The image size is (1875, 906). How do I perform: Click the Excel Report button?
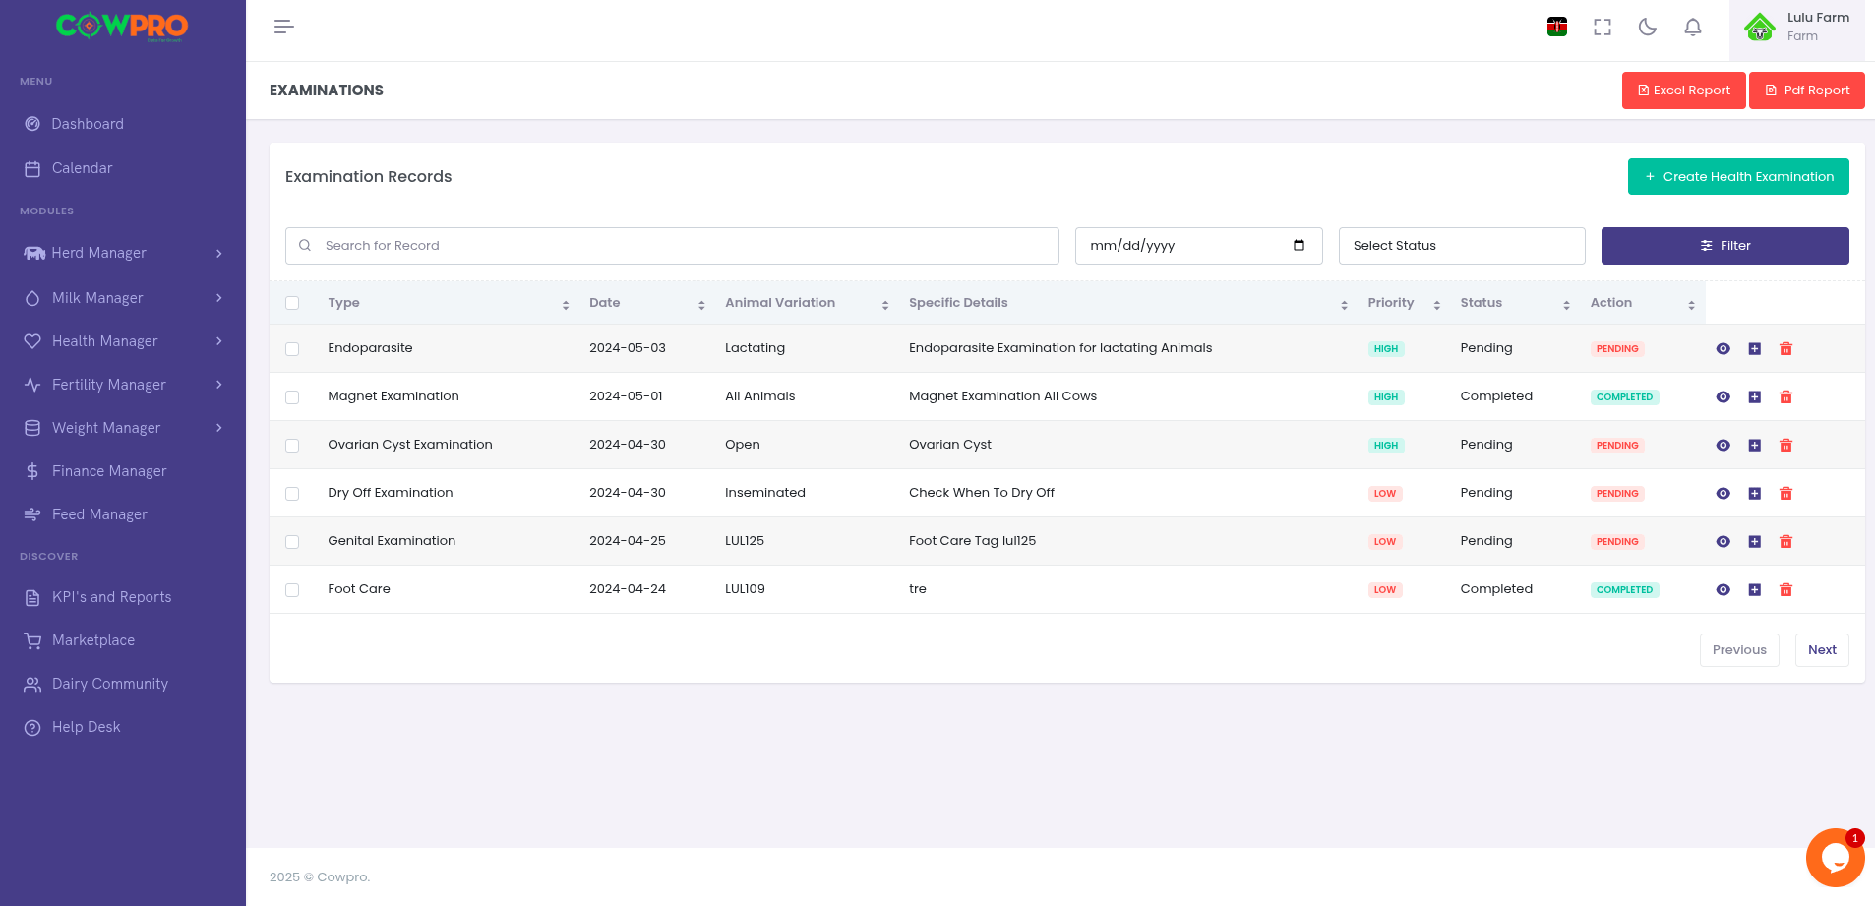(1683, 91)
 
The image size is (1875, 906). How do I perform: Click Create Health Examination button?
(1738, 177)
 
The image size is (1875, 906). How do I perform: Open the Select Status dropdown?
(1461, 246)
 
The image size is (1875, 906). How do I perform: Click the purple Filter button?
(1724, 246)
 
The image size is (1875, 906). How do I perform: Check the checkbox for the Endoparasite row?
(292, 349)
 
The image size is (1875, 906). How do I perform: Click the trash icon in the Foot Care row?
(1785, 590)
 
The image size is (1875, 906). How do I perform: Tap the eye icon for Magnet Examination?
(1723, 397)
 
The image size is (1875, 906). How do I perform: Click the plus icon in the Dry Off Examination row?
(1754, 494)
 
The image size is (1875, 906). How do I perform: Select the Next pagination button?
(1821, 650)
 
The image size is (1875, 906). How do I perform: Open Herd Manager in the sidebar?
(98, 253)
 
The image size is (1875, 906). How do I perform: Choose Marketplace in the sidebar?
(93, 640)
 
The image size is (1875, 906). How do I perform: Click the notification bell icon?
(1692, 28)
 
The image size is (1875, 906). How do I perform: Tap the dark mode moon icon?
(1647, 28)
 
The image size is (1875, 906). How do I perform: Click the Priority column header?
(1390, 303)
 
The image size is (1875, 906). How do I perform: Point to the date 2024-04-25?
(627, 541)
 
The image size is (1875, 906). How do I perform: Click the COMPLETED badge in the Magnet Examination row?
(1624, 397)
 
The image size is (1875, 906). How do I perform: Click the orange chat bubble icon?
(1834, 858)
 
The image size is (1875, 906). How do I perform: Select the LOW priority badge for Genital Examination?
(1384, 542)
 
